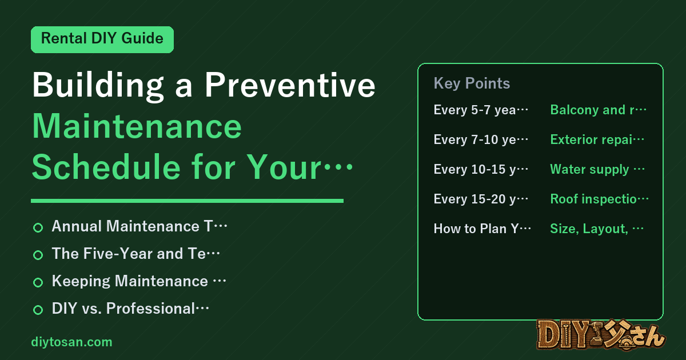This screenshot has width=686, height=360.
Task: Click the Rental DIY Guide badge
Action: coord(102,39)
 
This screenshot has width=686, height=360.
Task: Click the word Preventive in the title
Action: coord(290,85)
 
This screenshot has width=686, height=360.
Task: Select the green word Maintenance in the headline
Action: coord(137,126)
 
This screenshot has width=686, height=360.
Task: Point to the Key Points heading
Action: coord(472,83)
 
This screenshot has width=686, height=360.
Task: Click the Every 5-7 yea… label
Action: coord(481,110)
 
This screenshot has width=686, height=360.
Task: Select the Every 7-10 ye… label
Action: coord(481,139)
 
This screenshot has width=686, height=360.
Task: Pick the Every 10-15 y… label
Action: coord(481,169)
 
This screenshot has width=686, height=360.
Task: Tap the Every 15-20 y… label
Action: coord(481,199)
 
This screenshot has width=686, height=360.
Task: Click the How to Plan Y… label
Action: coord(482,229)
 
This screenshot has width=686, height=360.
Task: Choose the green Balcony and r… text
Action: coord(598,110)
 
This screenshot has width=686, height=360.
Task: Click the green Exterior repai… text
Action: coord(597,139)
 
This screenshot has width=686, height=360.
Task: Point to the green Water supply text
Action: coord(589,169)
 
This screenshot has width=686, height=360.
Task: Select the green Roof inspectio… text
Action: coord(599,199)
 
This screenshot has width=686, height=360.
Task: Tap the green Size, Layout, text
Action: coord(589,229)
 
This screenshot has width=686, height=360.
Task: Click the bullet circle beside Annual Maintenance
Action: coord(38,227)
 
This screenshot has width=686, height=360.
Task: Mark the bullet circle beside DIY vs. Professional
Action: coord(38,310)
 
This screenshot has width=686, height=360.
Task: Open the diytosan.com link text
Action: coord(71,342)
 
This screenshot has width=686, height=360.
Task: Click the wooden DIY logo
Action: coord(601,335)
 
